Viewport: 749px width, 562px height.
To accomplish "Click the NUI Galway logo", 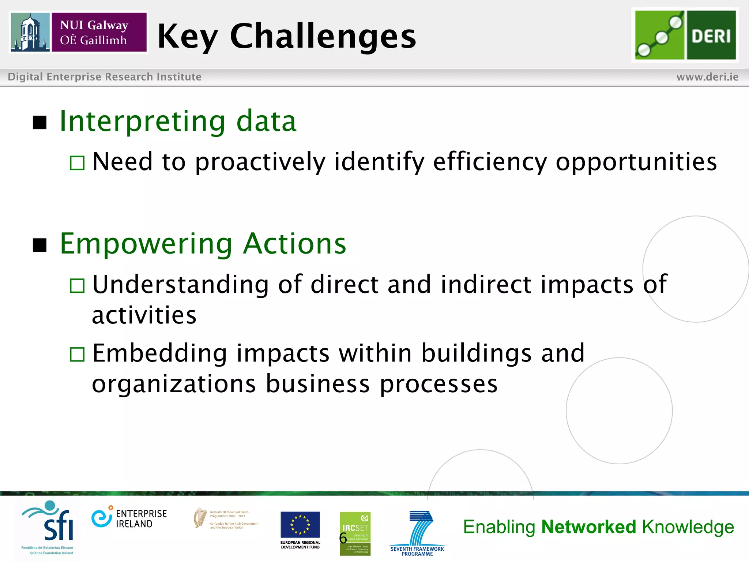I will point(79,32).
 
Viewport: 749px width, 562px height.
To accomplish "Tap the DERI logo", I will point(685,35).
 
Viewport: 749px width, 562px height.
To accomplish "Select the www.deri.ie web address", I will point(707,77).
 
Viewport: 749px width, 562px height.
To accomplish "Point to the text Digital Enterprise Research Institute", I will point(105,77).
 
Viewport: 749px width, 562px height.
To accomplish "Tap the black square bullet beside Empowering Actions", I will point(39,245).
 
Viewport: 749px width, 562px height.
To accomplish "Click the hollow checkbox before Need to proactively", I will point(77,163).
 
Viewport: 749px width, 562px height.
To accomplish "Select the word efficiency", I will point(490,162).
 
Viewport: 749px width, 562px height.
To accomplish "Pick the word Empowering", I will point(146,244).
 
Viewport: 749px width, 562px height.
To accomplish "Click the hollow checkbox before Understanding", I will point(77,285).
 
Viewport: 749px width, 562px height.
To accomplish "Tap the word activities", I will point(144,315).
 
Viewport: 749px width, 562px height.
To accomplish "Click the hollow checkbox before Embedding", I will point(77,354).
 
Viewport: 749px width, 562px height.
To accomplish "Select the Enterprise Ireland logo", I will point(129,518).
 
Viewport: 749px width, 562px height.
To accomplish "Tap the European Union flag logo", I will point(300,525).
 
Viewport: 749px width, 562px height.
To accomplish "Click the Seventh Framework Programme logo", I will point(417,533).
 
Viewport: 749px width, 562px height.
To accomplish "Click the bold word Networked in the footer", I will point(588,527).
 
